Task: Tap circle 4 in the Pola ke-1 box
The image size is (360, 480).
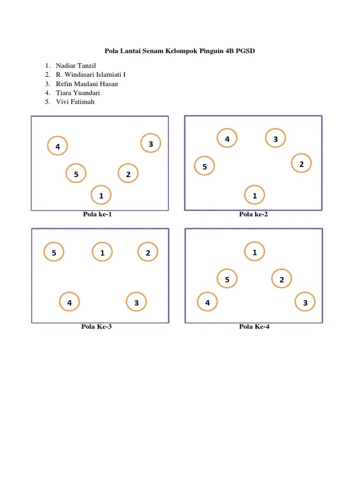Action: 57,146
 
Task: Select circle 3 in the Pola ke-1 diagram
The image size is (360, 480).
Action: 151,143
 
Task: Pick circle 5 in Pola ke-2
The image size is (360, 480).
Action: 204,166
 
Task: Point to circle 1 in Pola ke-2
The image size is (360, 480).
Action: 255,195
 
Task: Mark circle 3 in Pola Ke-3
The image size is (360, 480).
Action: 136,302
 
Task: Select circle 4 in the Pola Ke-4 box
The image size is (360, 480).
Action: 207,302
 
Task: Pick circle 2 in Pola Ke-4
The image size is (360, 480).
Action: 282,279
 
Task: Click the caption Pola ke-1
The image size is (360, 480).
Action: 97,215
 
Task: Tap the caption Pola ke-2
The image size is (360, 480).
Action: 254,215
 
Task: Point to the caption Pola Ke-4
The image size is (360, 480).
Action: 254,327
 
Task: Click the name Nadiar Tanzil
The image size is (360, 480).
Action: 75,66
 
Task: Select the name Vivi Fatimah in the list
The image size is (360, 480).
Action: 75,102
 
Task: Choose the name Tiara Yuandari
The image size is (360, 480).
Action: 78,93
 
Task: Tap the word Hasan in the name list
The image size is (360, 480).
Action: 108,84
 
